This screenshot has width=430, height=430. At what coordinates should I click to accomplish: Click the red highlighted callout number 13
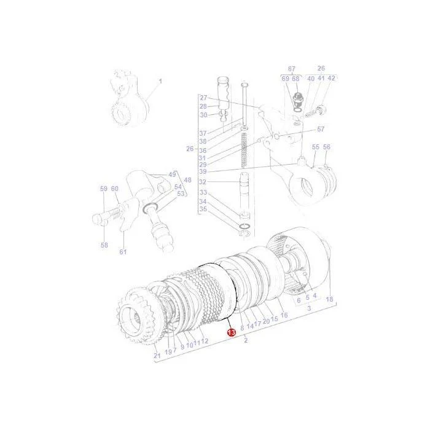coord(231,333)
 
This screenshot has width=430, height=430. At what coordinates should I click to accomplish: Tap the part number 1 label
coord(160,82)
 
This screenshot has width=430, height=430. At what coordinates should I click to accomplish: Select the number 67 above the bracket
coord(292,69)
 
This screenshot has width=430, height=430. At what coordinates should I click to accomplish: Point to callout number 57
coord(321,129)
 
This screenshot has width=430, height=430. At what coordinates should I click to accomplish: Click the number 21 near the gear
coord(157,356)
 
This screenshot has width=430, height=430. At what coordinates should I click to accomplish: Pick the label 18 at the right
coord(329,299)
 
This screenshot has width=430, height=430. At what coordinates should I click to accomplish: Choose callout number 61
coord(123,251)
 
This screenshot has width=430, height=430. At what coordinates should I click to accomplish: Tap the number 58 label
coord(104,245)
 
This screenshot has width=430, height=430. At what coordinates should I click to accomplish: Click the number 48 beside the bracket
coord(187,180)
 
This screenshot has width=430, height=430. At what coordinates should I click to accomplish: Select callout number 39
coord(203,171)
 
